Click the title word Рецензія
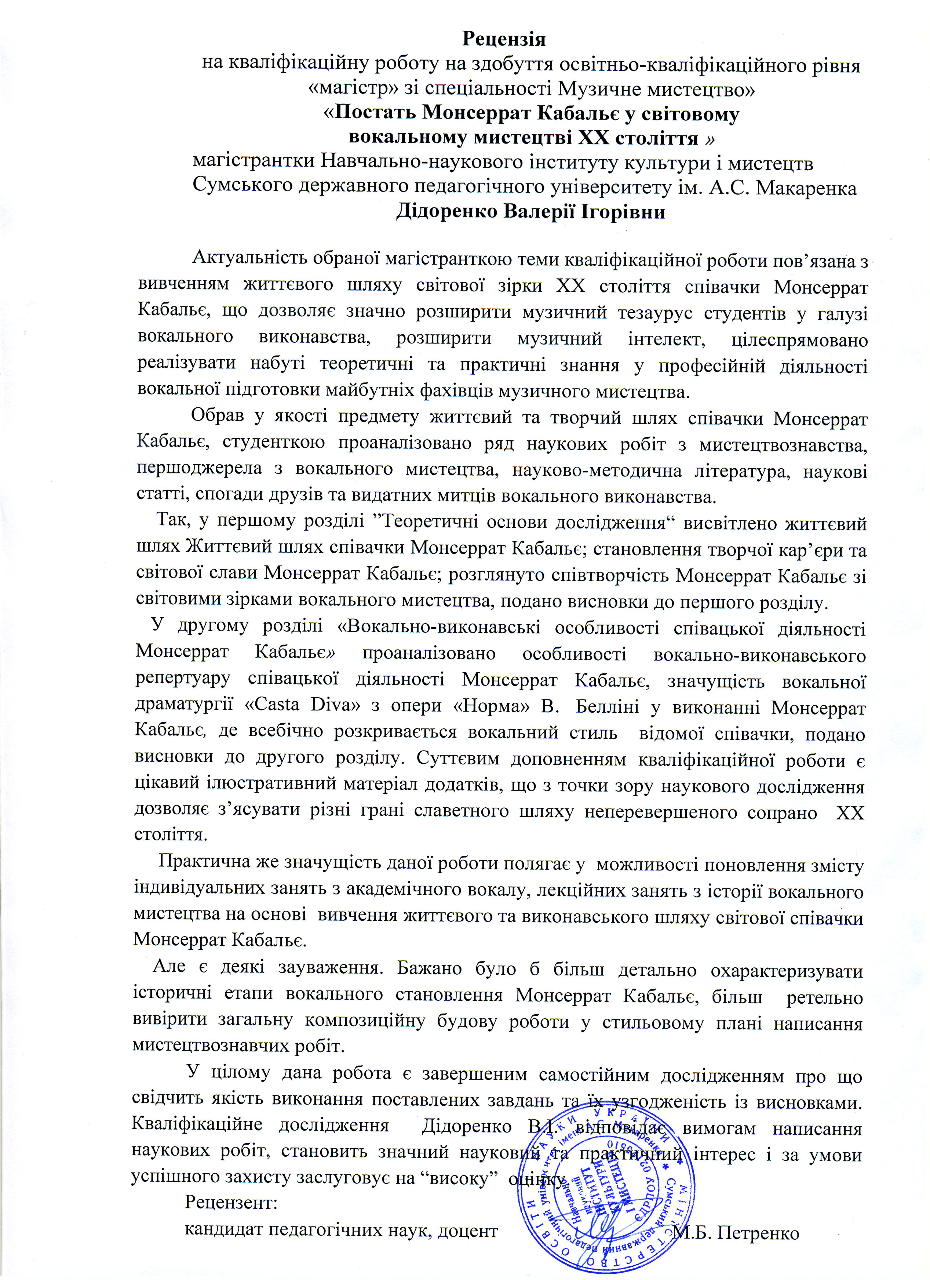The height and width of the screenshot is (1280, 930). coord(504,40)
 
